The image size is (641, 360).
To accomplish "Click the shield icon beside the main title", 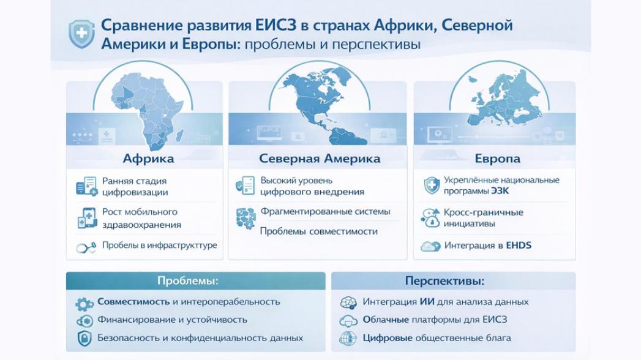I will pos(81,34).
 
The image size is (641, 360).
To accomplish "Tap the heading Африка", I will pos(148,159).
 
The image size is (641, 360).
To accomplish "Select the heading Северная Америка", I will pos(320,159).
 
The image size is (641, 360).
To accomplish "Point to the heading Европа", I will pos(497,159).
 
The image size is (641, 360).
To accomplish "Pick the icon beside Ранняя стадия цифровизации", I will pos(86,186).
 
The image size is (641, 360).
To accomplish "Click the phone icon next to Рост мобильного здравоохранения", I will pos(86,217).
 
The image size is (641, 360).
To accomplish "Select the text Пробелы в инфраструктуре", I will pos(159,246).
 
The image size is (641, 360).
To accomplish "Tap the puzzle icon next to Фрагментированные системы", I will pos(246,217).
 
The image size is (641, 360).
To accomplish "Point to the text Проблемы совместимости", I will pos(318,231).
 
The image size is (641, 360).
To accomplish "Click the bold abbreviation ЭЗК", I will pos(500,191).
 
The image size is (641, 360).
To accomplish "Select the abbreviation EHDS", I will pos(519,246).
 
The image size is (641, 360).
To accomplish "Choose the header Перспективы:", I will pos(444,281).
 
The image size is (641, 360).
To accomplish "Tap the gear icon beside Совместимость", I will pos(84,303).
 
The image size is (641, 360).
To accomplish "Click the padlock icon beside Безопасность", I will pos(84,338).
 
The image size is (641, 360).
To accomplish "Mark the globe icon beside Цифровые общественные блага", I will pos(348,338).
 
